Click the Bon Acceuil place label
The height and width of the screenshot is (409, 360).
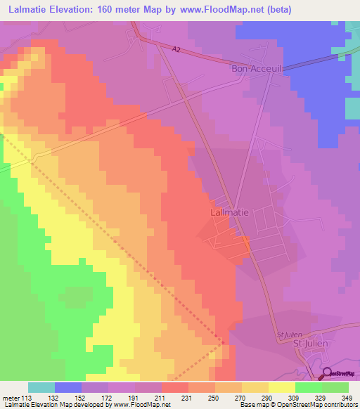257,69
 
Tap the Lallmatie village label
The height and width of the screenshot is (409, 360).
229,211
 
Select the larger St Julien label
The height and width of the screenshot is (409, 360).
307,344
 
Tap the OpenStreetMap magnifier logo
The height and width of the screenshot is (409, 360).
327,374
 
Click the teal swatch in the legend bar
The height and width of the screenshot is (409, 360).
41,387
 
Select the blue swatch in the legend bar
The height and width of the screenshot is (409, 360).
68,387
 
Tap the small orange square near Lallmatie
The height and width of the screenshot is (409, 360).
245,241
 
